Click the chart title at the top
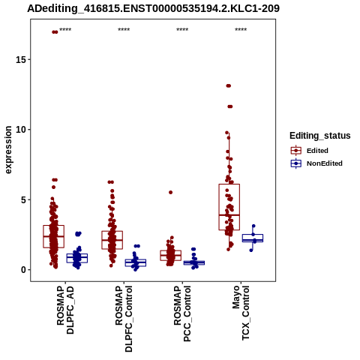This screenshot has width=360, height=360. [153, 8]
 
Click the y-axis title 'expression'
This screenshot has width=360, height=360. [8, 150]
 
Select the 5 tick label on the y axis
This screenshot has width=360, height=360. [23, 199]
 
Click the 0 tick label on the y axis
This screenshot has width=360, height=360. [23, 270]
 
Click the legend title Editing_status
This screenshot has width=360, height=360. [320, 136]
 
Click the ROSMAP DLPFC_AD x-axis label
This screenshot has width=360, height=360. [65, 310]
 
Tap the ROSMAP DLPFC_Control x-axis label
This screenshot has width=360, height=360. [124, 319]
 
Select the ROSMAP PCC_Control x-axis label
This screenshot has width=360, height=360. [182, 313]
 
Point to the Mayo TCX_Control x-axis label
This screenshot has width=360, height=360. [241, 313]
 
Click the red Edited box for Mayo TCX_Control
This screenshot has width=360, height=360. [229, 207]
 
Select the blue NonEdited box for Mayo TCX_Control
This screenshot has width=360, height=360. [253, 238]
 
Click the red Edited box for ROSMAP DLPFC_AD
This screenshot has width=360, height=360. [54, 236]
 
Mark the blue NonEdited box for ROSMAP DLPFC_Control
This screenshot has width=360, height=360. [136, 262]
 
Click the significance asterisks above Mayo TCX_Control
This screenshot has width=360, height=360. [241, 30]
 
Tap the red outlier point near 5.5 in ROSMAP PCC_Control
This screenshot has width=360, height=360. [170, 192]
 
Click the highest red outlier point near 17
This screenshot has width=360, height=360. [55, 32]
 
